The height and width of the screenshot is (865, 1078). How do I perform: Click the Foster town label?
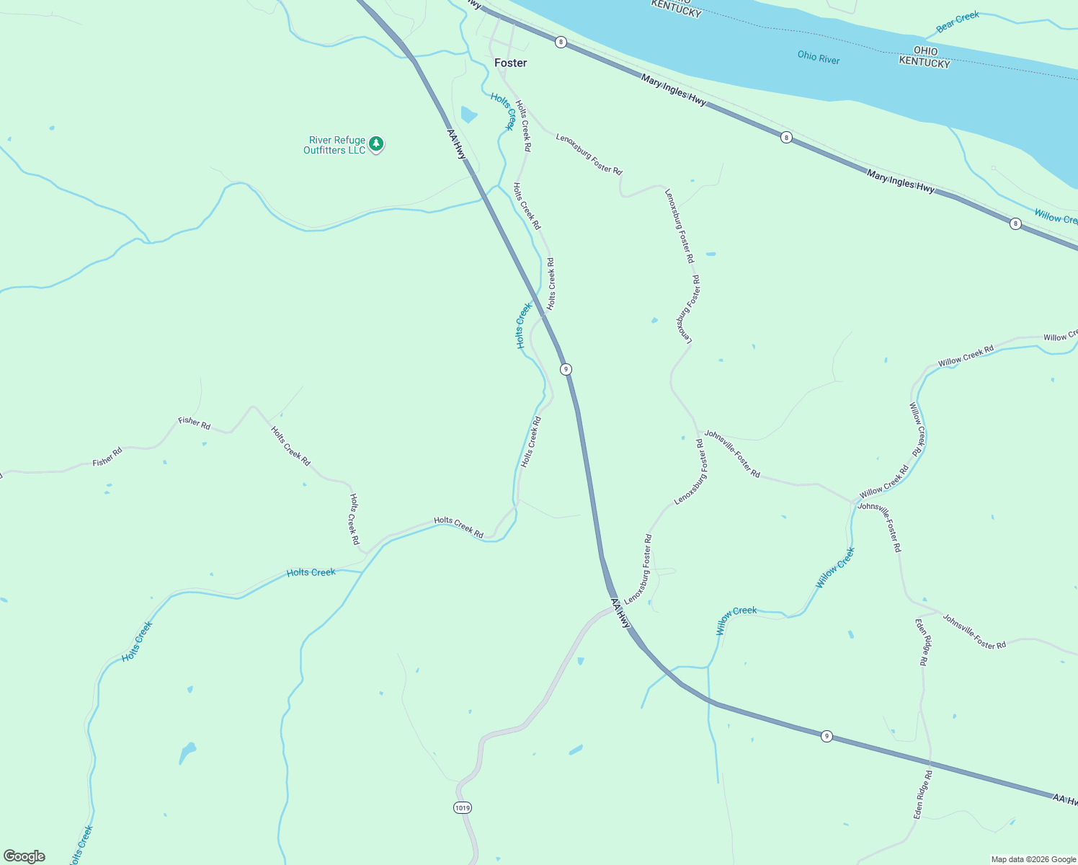(x=510, y=63)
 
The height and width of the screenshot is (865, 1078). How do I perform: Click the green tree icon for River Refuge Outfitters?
(x=375, y=144)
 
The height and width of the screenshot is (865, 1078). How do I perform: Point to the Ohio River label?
(x=819, y=58)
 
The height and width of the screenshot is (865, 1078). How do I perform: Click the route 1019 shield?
(x=463, y=808)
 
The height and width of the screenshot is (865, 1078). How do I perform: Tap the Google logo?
(x=24, y=856)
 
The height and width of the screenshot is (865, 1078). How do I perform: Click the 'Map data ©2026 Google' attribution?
(x=1033, y=859)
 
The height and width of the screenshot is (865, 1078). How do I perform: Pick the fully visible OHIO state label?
(x=925, y=51)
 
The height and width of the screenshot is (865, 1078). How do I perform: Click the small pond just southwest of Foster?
(x=468, y=115)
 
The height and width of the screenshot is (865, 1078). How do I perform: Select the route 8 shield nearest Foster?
(x=561, y=43)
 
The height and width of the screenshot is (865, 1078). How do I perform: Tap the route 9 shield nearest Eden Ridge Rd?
(x=827, y=736)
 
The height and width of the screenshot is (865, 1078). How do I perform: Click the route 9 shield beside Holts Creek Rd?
(x=566, y=369)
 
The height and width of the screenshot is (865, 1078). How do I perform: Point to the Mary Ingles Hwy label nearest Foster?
(x=674, y=92)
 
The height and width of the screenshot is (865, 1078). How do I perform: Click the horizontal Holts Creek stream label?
(x=311, y=572)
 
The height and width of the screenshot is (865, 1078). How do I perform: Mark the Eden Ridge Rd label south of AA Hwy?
(x=923, y=794)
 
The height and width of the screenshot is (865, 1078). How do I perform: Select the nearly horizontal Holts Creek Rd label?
(x=458, y=527)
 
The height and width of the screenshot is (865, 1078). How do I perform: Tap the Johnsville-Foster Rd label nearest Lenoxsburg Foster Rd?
(x=732, y=453)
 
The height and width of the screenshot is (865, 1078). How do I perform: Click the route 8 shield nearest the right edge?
(x=1015, y=223)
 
